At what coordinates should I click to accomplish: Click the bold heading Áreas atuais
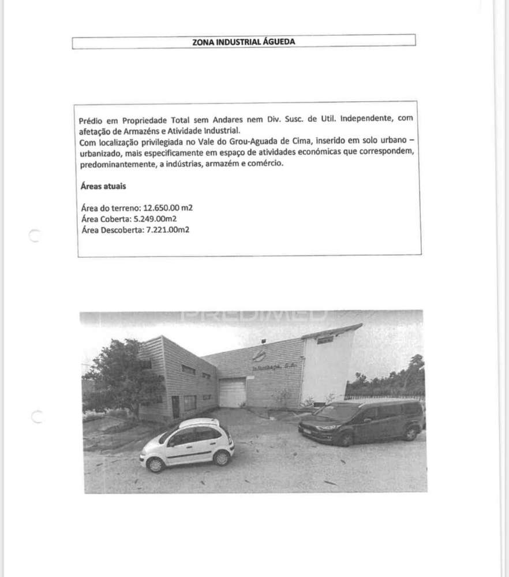pyautogui.click(x=103, y=187)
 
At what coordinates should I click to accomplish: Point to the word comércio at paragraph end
pyautogui.click(x=266, y=163)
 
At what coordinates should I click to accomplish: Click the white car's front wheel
pyautogui.click(x=155, y=464)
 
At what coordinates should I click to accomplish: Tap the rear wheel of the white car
pyautogui.click(x=221, y=458)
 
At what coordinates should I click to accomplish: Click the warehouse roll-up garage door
pyautogui.click(x=233, y=393)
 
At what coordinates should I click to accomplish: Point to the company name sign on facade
pyautogui.click(x=274, y=367)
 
